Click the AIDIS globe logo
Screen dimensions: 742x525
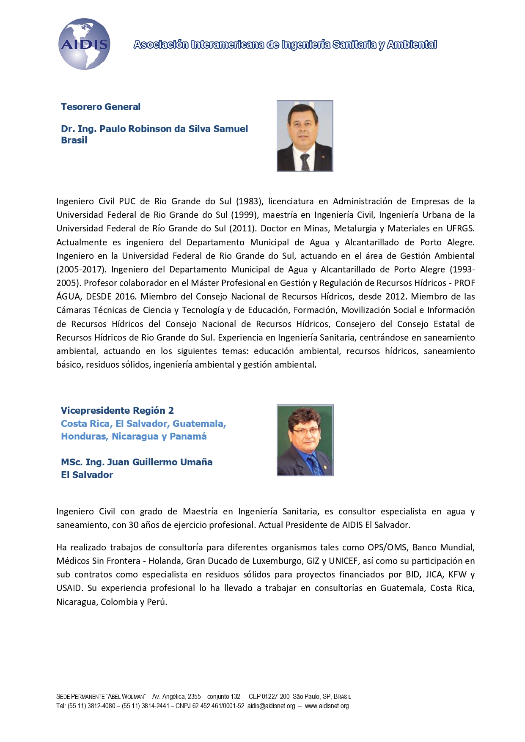[x=84, y=44]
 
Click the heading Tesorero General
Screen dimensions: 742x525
[x=101, y=107]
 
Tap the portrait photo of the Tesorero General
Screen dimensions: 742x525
[x=305, y=136]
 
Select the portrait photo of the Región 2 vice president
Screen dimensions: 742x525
[x=305, y=440]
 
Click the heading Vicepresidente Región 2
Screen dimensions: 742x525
[x=117, y=410]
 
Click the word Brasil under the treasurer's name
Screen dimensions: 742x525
[x=74, y=140]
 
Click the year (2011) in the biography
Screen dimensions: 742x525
[x=242, y=228]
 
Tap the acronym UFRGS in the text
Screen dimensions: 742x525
[x=460, y=228]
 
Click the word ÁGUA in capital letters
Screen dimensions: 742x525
[x=68, y=297]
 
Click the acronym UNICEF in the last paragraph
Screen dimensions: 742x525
[x=343, y=561]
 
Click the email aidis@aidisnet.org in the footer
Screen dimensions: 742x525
[x=271, y=706]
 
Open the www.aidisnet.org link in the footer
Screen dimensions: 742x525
[x=327, y=706]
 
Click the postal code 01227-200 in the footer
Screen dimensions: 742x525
[x=275, y=696]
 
